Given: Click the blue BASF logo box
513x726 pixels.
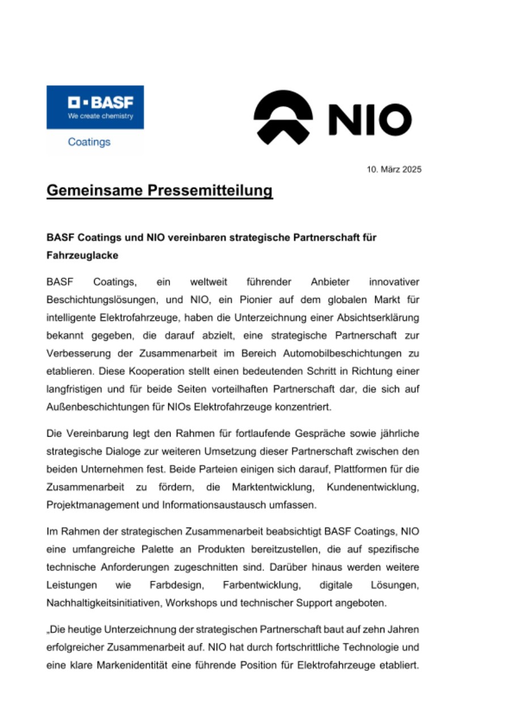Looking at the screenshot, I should pyautogui.click(x=95, y=107).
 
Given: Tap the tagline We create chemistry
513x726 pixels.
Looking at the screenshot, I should pyautogui.click(x=100, y=116).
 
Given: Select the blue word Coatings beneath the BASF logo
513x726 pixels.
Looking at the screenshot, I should pyautogui.click(x=89, y=142).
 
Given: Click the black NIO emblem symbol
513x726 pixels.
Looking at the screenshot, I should pyautogui.click(x=283, y=117).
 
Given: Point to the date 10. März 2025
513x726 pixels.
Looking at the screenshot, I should pyautogui.click(x=394, y=169).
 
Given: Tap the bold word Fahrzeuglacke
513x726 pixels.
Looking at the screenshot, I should pyautogui.click(x=82, y=255).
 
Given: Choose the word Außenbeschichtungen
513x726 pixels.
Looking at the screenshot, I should pyautogui.click(x=96, y=407).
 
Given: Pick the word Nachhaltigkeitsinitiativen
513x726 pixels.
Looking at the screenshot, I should pyautogui.click(x=104, y=603).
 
